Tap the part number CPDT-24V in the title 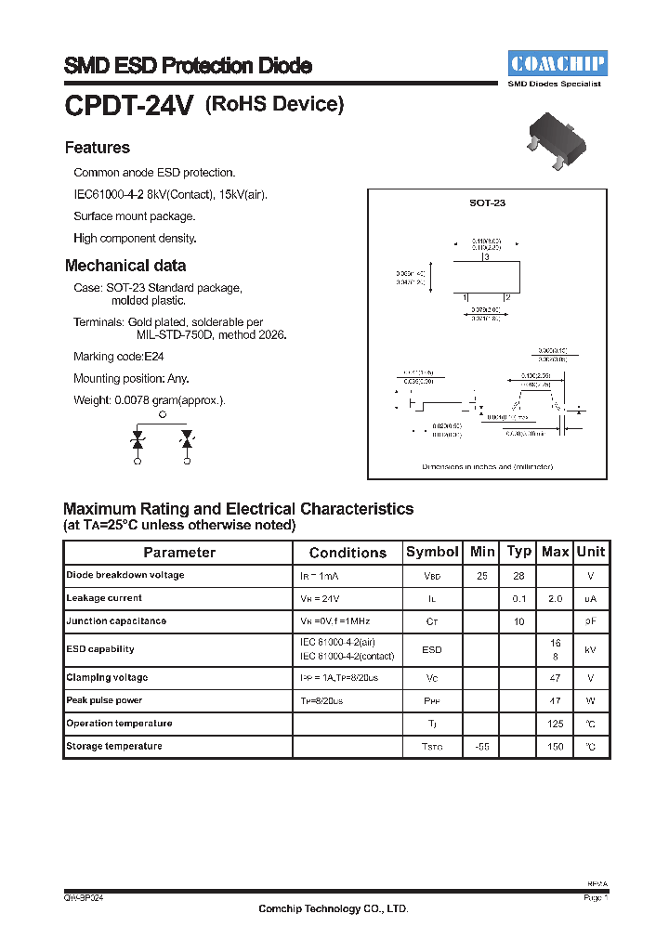[x=128, y=106]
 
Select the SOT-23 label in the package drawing [x=487, y=202]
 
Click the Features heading [x=98, y=148]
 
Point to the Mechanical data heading [x=125, y=266]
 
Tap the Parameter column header [x=179, y=553]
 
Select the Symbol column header [x=432, y=552]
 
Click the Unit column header [x=591, y=552]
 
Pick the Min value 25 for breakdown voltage [x=482, y=576]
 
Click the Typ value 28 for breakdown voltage [x=518, y=576]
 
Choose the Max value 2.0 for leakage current [x=556, y=599]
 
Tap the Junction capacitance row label [x=116, y=621]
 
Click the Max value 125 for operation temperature [x=556, y=724]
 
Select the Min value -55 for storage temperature [x=482, y=747]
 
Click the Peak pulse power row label [x=104, y=700]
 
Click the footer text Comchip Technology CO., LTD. [x=334, y=909]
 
